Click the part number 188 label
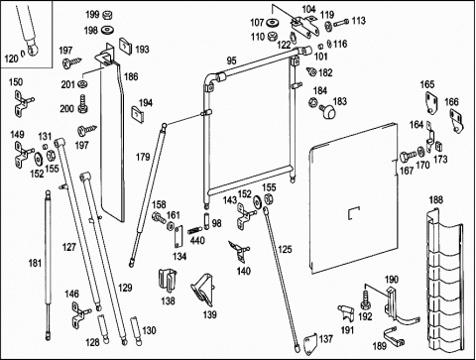(435, 200)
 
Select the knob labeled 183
(328, 111)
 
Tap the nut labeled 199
(107, 15)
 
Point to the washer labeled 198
(107, 30)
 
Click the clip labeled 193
(125, 46)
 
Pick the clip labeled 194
(138, 113)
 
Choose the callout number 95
(232, 60)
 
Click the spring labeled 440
(194, 230)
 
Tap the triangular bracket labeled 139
(202, 290)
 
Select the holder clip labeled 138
(168, 281)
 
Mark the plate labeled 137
(310, 341)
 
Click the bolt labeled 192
(365, 300)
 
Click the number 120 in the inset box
(11, 59)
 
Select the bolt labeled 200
(82, 104)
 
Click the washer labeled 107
(273, 23)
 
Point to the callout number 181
(35, 264)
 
